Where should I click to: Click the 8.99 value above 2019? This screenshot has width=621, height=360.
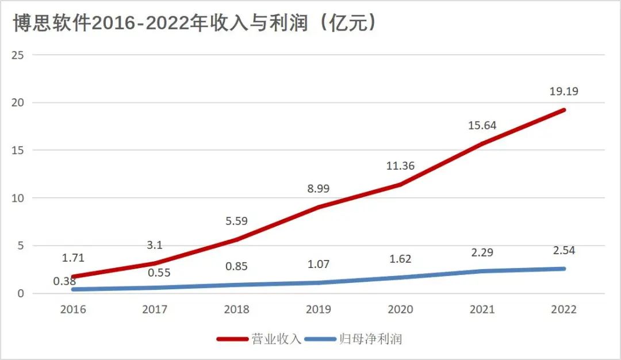pos(318,188)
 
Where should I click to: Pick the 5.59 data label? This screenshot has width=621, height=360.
pos(236,220)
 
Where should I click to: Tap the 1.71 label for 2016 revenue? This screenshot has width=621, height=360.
pos(73,258)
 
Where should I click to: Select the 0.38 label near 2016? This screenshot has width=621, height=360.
pos(65,281)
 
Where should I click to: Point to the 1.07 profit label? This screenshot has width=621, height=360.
pos(318,265)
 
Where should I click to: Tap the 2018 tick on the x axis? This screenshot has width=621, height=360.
pos(236,309)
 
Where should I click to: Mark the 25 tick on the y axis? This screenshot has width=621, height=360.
pos(21,55)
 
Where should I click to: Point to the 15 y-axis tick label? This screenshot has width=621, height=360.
pos(21,150)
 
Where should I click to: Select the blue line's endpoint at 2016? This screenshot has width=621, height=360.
pos(73,289)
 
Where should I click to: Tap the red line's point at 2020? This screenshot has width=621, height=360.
pos(400,185)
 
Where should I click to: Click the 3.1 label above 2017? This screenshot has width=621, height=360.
pos(155,246)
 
